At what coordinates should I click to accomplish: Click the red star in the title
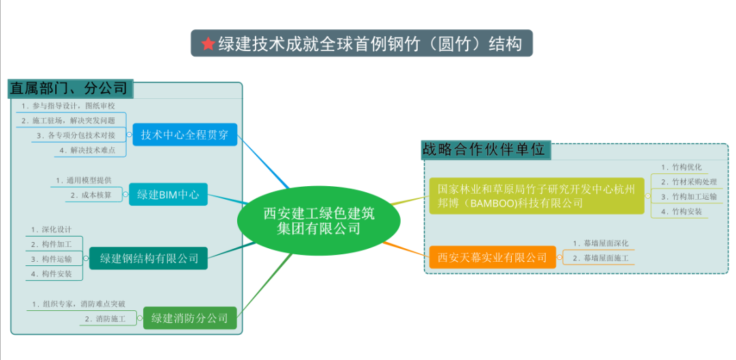pyautogui.click(x=208, y=44)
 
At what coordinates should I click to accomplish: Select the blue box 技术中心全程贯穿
pyautogui.click(x=185, y=135)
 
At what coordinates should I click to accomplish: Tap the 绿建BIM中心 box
pyautogui.click(x=168, y=194)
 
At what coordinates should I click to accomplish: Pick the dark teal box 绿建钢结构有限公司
pyautogui.click(x=149, y=258)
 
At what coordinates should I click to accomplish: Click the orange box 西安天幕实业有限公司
pyautogui.click(x=492, y=257)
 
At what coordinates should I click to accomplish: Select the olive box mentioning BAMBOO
pyautogui.click(x=536, y=195)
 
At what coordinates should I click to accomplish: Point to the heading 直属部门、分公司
pyautogui.click(x=69, y=88)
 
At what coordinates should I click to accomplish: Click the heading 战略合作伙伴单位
pyautogui.click(x=484, y=149)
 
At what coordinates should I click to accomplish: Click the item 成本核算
pyautogui.click(x=96, y=195)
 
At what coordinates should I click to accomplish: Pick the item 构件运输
pyautogui.click(x=57, y=259)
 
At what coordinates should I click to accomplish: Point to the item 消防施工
pyautogui.click(x=105, y=318)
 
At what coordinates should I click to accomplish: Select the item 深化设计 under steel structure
pyautogui.click(x=52, y=229)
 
